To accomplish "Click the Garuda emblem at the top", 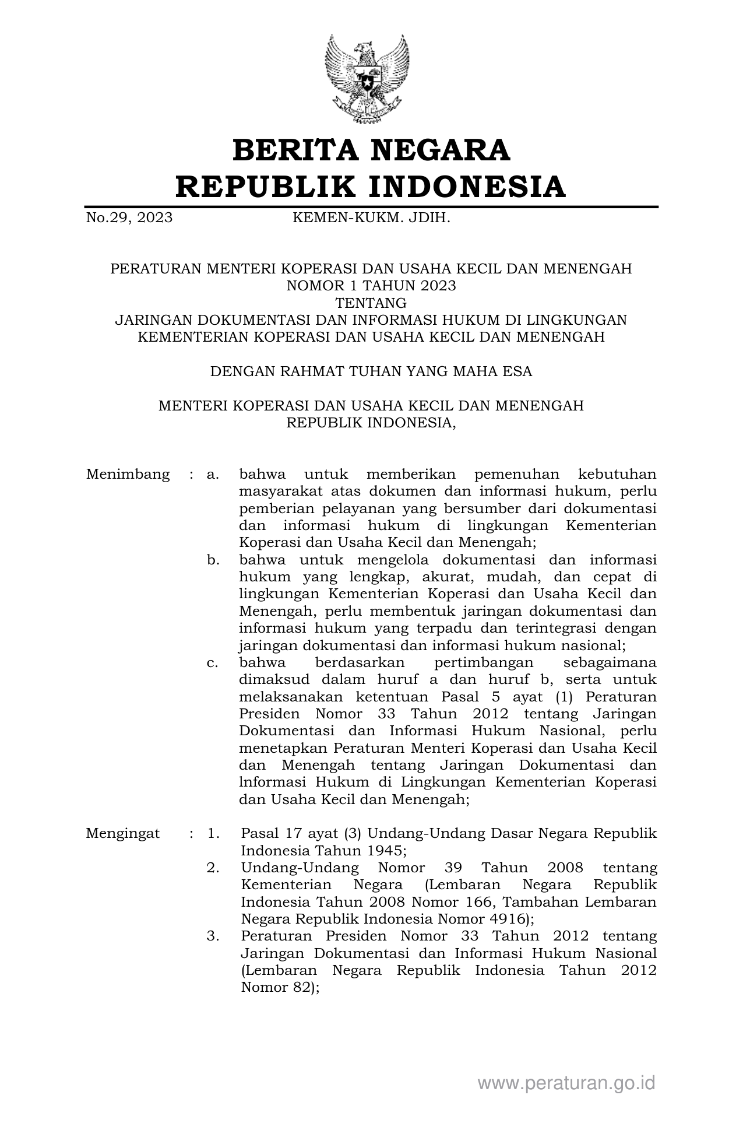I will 367,79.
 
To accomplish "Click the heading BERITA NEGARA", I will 371,150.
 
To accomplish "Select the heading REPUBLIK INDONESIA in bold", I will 371,187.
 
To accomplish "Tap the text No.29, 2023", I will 129,218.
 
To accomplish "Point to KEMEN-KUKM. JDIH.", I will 371,218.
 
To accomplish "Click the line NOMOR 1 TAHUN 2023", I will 371,286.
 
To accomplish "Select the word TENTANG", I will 371,303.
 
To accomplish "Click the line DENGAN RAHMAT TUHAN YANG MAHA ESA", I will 371,371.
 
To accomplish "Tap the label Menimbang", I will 128,475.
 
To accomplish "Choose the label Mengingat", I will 122,834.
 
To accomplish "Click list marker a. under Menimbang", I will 213,475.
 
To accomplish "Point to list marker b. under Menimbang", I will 213,560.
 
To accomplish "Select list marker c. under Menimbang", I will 213,663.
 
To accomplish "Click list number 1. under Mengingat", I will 213,834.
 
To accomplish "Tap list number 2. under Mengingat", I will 213,868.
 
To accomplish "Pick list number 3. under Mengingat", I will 213,936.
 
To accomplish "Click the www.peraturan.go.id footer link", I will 566,1083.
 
